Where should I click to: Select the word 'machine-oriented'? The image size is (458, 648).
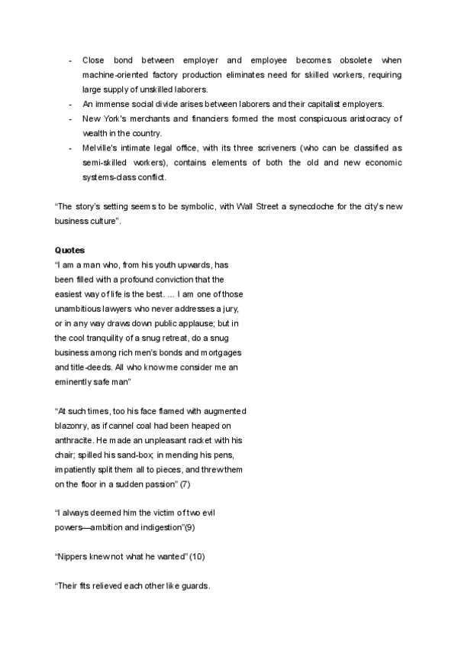coord(112,74)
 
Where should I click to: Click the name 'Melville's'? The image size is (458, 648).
coord(102,148)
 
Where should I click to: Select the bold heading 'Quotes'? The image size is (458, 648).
coord(69,250)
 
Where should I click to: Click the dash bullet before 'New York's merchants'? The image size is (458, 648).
coord(70,118)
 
